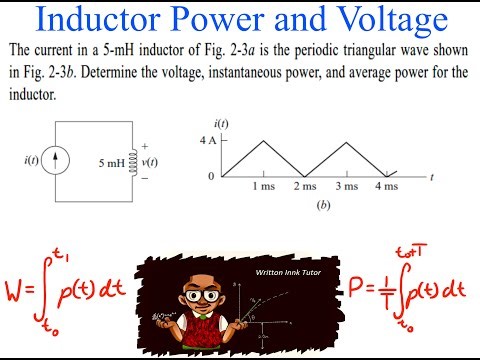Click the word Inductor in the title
click(106, 19)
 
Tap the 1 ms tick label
click(263, 186)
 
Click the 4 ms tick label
click(385, 186)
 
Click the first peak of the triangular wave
click(263, 139)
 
